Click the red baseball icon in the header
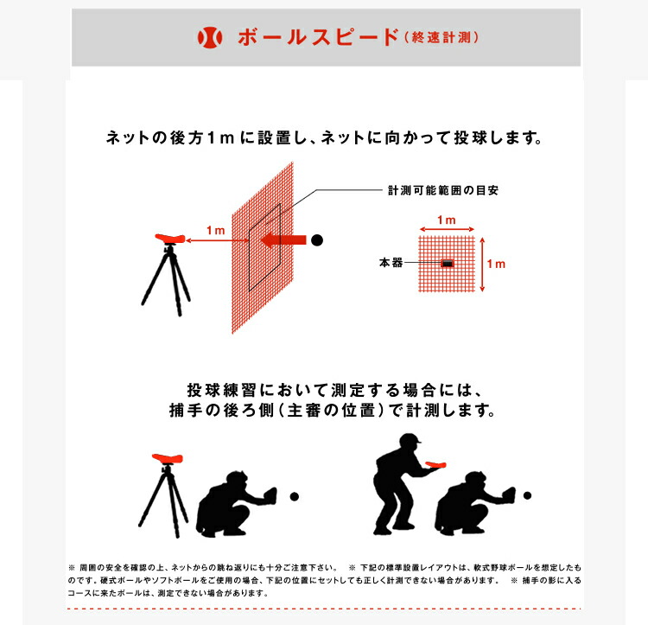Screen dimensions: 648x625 coord(210,37)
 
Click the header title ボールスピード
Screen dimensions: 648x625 coord(319,37)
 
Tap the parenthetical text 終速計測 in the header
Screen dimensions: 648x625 coord(442,38)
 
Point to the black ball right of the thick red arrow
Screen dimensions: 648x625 coord(317,240)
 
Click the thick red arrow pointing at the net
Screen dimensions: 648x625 coord(283,240)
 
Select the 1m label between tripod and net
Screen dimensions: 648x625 coord(216,230)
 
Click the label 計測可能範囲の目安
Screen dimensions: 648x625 coord(443,190)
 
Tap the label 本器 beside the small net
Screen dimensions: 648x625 coord(391,263)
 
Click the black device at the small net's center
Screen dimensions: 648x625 coord(448,263)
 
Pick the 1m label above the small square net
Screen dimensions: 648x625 coord(447,220)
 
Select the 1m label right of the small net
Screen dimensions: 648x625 coord(496,264)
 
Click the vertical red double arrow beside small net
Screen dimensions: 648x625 coord(482,265)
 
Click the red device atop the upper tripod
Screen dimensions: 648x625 coord(170,239)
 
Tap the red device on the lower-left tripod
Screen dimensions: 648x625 coord(168,458)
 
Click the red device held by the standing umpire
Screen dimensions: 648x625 coord(435,465)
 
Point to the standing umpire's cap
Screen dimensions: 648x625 coord(409,438)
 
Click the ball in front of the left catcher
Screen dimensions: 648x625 coord(295,496)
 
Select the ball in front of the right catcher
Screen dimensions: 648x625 coord(527,495)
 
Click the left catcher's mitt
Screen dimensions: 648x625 coord(270,494)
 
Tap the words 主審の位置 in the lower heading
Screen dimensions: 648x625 coord(331,411)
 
